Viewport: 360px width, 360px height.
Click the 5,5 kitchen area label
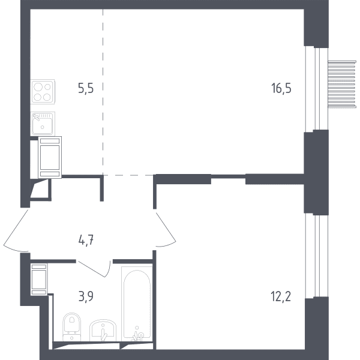point(86,88)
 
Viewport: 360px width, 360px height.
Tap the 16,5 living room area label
point(281,88)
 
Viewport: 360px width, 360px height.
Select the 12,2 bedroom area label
point(281,296)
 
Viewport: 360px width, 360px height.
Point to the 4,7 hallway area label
point(86,241)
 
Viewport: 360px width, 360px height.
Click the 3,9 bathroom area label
point(86,296)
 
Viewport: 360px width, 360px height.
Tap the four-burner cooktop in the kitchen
point(43,91)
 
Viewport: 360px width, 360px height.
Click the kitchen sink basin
point(43,124)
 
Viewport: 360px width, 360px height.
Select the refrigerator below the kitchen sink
point(50,157)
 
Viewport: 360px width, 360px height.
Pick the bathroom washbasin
point(103,331)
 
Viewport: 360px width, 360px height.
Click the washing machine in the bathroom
point(39,279)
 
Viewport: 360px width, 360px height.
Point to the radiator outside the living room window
point(342,84)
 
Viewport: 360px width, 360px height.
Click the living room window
point(316,89)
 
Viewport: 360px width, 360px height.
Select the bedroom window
point(316,256)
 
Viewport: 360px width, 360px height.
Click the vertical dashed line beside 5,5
point(103,92)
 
